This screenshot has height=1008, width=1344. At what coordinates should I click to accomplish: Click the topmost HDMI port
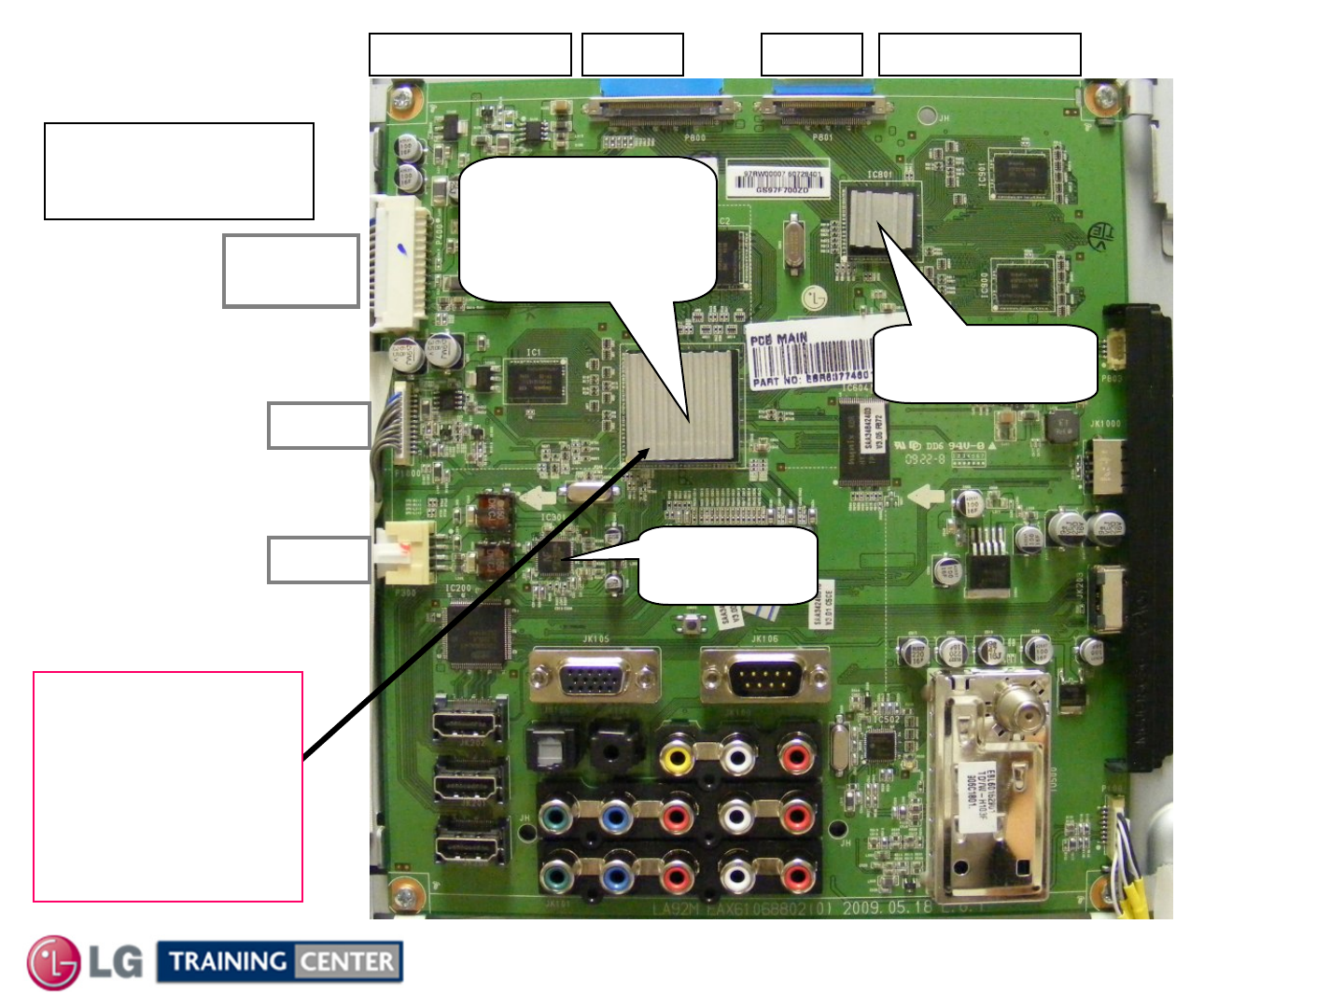tap(469, 725)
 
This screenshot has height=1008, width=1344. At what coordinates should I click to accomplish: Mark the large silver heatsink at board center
tap(679, 407)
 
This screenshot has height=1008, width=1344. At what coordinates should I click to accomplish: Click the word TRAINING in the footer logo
tap(228, 961)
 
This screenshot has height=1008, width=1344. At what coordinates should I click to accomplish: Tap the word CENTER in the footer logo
tap(347, 961)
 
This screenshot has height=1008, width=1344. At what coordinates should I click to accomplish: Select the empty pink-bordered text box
tap(168, 786)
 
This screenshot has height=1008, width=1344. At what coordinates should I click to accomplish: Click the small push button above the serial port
tap(692, 623)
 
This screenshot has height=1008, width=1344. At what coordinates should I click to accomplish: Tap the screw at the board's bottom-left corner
tap(403, 898)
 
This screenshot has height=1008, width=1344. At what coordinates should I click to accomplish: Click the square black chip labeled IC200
tap(477, 633)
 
